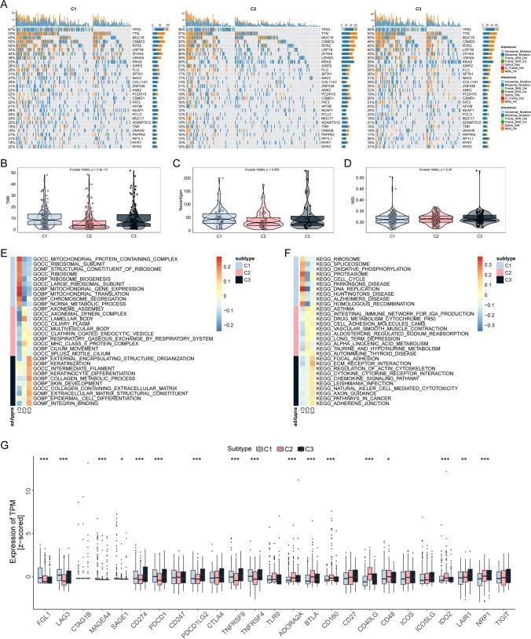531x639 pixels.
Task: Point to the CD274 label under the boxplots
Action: click(137, 616)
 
